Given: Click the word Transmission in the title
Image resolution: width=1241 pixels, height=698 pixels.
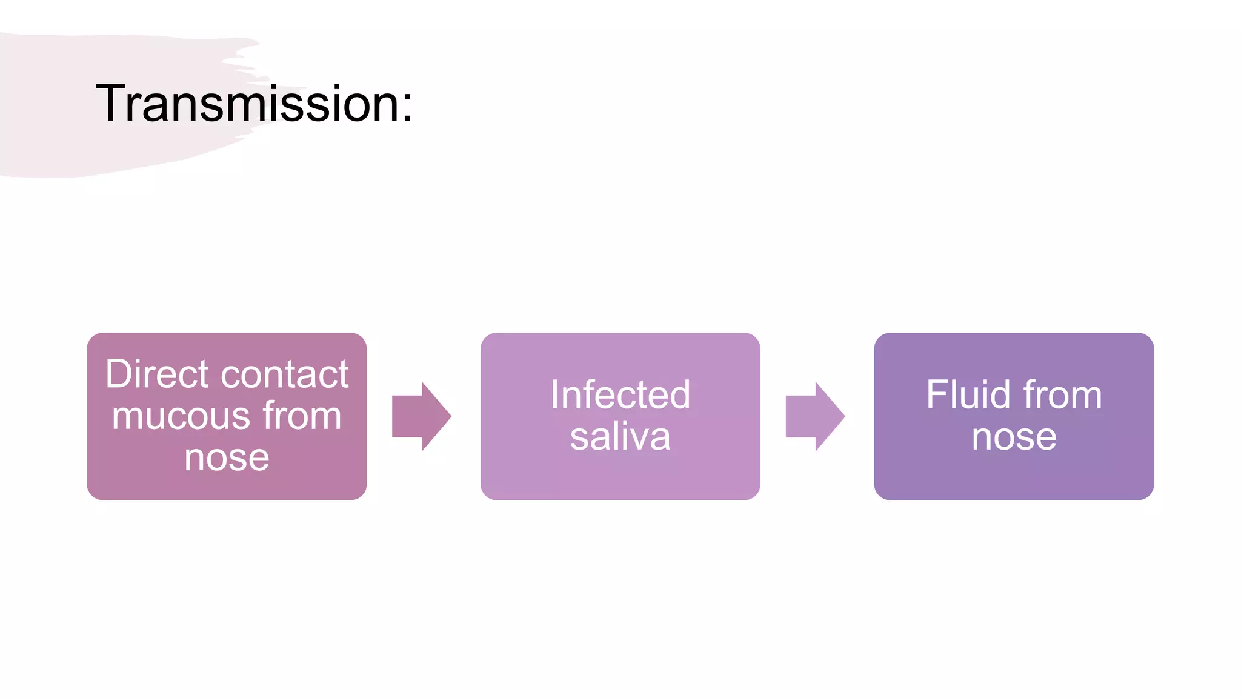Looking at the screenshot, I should [245, 104].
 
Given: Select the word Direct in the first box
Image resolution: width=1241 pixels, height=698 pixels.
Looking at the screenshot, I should [157, 374].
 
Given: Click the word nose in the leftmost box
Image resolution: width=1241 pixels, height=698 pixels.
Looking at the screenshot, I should [227, 457].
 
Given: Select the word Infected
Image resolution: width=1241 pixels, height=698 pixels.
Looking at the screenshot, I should [620, 395].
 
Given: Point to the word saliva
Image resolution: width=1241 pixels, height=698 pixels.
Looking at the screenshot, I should [620, 437].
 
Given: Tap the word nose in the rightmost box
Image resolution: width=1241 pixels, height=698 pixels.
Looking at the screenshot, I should [1014, 437].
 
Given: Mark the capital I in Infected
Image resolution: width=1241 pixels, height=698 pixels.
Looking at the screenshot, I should [554, 395].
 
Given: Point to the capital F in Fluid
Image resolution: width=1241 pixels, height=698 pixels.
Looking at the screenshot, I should [937, 395].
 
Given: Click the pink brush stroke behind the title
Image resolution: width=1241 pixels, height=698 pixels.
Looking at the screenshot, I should [73, 145].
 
